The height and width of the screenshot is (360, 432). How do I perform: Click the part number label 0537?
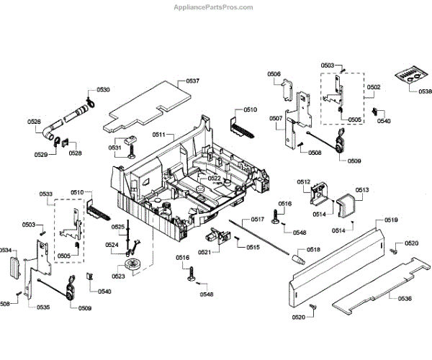pyautogui.click(x=193, y=81)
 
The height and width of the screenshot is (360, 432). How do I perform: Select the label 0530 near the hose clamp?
pyautogui.click(x=104, y=90)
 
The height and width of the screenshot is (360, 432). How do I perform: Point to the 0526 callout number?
pyautogui.click(x=35, y=122)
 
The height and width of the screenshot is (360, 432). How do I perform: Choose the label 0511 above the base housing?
pyautogui.click(x=158, y=135)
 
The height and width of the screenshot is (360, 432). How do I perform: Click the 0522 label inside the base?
pyautogui.click(x=215, y=178)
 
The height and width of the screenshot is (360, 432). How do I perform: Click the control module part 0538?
pyautogui.click(x=411, y=76)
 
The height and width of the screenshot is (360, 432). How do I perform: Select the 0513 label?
pyautogui.click(x=361, y=190)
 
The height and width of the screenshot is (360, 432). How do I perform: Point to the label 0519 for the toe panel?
pyautogui.click(x=391, y=220)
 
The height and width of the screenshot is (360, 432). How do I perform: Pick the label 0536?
pyautogui.click(x=405, y=298)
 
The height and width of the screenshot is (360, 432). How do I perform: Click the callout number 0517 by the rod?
pyautogui.click(x=258, y=219)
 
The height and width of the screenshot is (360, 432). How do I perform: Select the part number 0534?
pyautogui.click(x=6, y=251)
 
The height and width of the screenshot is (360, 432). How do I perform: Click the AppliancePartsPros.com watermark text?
pyautogui.click(x=214, y=6)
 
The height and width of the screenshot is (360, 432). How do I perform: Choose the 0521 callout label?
pyautogui.click(x=204, y=251)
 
